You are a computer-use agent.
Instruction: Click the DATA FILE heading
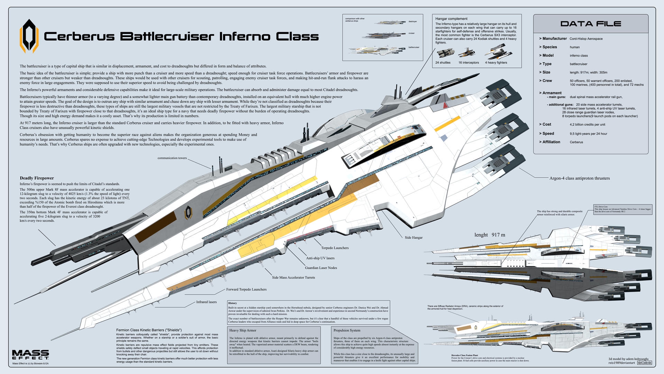[591, 24]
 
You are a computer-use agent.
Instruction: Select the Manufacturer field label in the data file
[554, 38]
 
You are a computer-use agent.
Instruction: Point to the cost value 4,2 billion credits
[587, 125]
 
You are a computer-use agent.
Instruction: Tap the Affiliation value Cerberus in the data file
[576, 142]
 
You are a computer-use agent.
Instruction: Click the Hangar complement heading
[451, 19]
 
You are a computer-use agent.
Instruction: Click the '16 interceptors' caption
[468, 63]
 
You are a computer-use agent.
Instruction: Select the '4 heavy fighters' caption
[496, 63]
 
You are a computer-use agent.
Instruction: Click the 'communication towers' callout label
[172, 158]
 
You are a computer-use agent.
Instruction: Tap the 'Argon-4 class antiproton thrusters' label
[579, 178]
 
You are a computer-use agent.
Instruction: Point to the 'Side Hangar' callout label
[414, 238]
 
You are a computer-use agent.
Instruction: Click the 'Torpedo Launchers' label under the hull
[334, 248]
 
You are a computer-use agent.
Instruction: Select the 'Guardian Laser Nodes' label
[321, 268]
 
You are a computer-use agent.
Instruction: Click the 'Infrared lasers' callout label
[206, 302]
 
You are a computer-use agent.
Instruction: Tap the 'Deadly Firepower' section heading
[37, 178]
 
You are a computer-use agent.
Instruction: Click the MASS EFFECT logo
[30, 355]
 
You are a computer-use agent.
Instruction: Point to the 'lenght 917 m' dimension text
[489, 235]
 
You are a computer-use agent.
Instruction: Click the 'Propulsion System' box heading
[347, 330]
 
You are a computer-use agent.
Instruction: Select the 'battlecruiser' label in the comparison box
[414, 47]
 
